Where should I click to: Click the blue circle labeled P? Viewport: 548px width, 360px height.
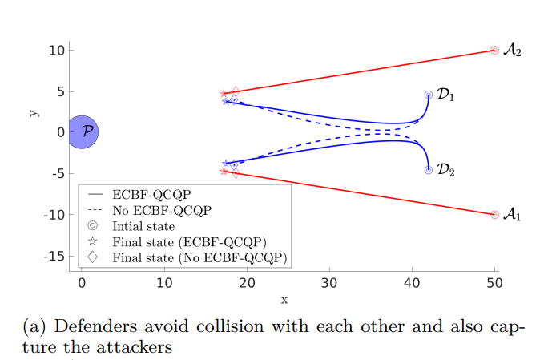[x=83, y=132]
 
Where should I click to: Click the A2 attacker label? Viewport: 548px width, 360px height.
[x=513, y=51]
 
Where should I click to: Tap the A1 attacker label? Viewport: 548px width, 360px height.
[x=513, y=216]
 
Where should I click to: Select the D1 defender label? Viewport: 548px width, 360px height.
[x=446, y=95]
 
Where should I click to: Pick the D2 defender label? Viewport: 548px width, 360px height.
[x=446, y=171]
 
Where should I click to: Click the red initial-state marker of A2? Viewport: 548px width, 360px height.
[x=494, y=50]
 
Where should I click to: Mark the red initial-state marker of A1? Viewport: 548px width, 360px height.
[x=494, y=215]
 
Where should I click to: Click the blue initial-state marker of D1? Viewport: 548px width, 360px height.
[x=429, y=95]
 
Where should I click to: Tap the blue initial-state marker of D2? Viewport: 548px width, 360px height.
[x=429, y=170]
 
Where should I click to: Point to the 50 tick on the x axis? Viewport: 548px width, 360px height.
[x=494, y=284]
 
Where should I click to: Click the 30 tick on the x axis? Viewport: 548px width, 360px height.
[x=328, y=284]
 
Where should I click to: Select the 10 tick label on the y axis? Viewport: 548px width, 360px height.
[x=55, y=50]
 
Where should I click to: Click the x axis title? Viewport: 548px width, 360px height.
[x=284, y=300]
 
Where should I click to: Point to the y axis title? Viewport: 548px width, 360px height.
[x=34, y=113]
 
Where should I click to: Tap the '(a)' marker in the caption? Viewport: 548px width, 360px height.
[x=36, y=327]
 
